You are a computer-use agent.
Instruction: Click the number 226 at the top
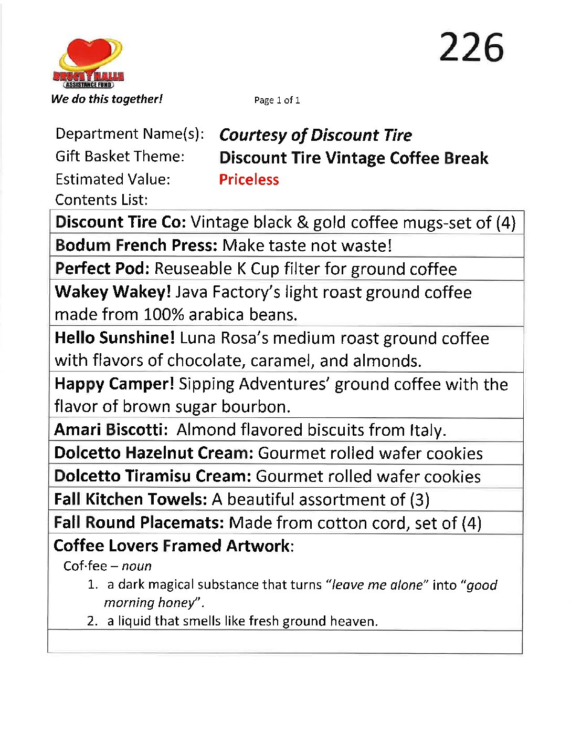click(471, 47)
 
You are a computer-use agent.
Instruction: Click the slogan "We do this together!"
click(107, 99)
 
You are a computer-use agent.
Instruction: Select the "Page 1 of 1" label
click(277, 100)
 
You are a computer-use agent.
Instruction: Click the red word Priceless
click(249, 180)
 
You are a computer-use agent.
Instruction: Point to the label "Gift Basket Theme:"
click(120, 157)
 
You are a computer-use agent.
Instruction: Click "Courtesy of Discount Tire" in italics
click(315, 135)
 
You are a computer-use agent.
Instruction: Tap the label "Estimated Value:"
click(113, 180)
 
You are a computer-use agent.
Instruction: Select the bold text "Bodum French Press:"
click(136, 245)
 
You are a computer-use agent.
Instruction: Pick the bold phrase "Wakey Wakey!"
click(112, 292)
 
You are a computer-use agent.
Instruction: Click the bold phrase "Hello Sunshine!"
click(114, 338)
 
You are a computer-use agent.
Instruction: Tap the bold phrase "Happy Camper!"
click(114, 384)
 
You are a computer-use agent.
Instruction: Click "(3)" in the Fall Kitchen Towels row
click(419, 499)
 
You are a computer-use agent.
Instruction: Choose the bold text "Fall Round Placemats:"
click(139, 522)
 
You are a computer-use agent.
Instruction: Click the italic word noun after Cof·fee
click(136, 566)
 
